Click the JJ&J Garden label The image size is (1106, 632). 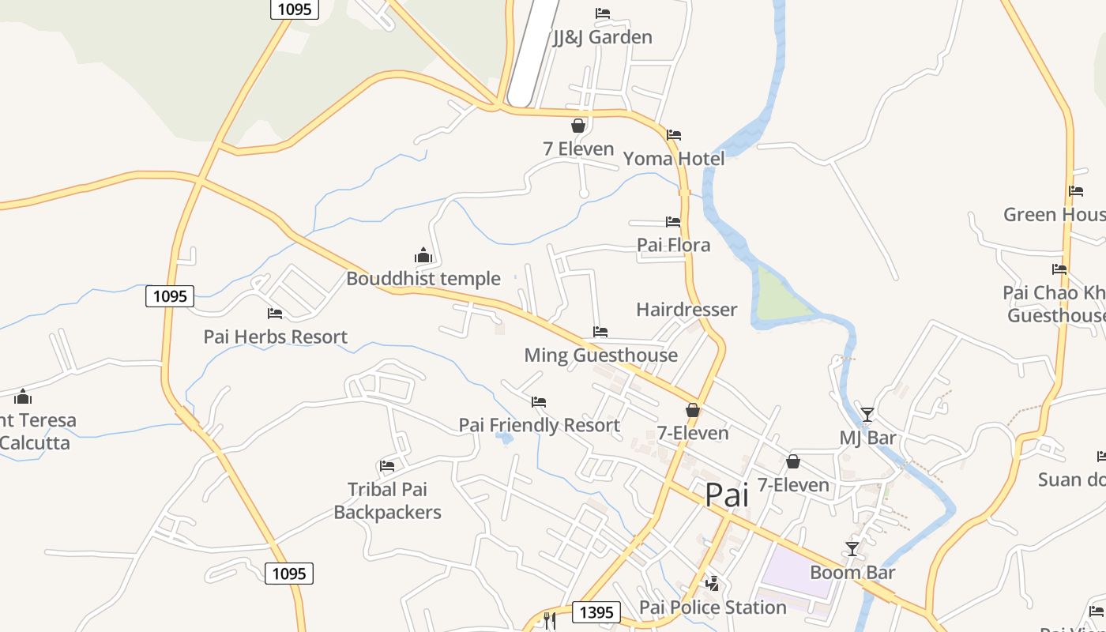[602, 37]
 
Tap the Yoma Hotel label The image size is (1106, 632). [673, 159]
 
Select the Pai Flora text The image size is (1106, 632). [673, 245]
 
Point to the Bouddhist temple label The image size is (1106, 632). [423, 279]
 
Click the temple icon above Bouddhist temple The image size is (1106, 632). [423, 255]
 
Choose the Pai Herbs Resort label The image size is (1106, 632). [276, 337]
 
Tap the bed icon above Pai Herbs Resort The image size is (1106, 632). [275, 314]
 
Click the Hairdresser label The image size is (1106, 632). [687, 309]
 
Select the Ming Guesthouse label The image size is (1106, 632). [600, 355]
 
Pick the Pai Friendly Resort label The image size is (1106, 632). [540, 425]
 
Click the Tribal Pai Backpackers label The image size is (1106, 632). [387, 501]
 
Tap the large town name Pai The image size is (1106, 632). [727, 495]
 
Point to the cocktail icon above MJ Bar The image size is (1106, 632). [867, 414]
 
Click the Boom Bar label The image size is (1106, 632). [852, 572]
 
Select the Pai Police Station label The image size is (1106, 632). [713, 607]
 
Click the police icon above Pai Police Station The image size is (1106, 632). [713, 584]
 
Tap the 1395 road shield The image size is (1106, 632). [596, 611]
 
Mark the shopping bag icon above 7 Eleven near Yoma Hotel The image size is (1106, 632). [578, 126]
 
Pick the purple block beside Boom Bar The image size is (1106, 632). [794, 569]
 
